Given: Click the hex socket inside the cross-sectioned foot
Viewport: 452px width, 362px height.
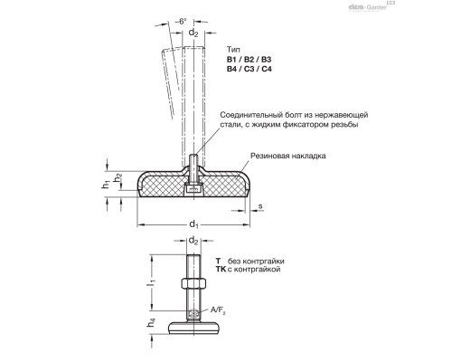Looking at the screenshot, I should pyautogui.click(x=193, y=188).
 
